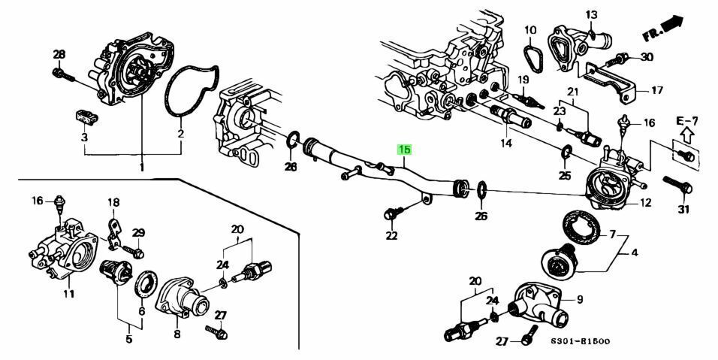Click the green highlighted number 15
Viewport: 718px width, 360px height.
(x=404, y=150)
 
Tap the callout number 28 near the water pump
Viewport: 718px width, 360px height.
(x=59, y=53)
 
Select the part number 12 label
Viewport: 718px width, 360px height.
(x=645, y=202)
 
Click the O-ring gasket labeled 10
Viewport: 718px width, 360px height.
(x=531, y=53)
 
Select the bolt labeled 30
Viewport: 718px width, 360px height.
(x=620, y=57)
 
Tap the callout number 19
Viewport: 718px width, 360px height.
(x=523, y=80)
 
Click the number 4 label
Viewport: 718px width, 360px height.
(x=634, y=253)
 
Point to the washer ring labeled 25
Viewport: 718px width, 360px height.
(x=564, y=156)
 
